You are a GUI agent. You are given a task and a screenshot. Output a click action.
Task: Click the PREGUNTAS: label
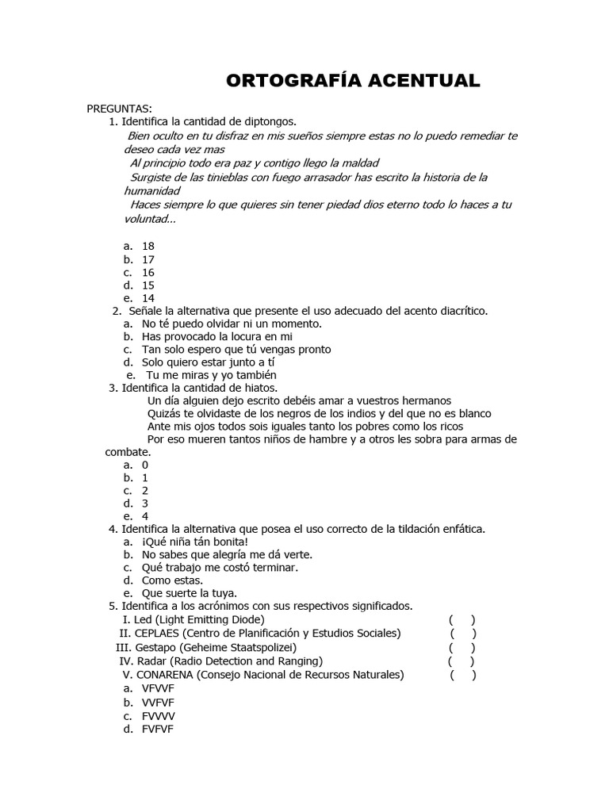tap(120, 108)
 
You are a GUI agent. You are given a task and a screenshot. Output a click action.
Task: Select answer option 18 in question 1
tap(147, 247)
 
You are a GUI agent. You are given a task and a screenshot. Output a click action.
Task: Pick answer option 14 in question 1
tap(147, 298)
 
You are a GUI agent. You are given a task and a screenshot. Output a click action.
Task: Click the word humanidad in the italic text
tap(151, 191)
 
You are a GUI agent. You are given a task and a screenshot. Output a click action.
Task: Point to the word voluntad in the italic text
tap(147, 219)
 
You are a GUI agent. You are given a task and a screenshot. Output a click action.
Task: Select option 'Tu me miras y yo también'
tap(211, 375)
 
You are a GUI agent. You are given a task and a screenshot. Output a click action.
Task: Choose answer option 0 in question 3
tap(145, 465)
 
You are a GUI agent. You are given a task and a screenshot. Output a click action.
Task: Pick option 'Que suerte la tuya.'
tap(190, 592)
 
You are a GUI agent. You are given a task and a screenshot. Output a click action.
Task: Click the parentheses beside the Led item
tap(462, 619)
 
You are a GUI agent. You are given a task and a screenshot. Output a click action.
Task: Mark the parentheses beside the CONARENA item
tap(463, 675)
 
